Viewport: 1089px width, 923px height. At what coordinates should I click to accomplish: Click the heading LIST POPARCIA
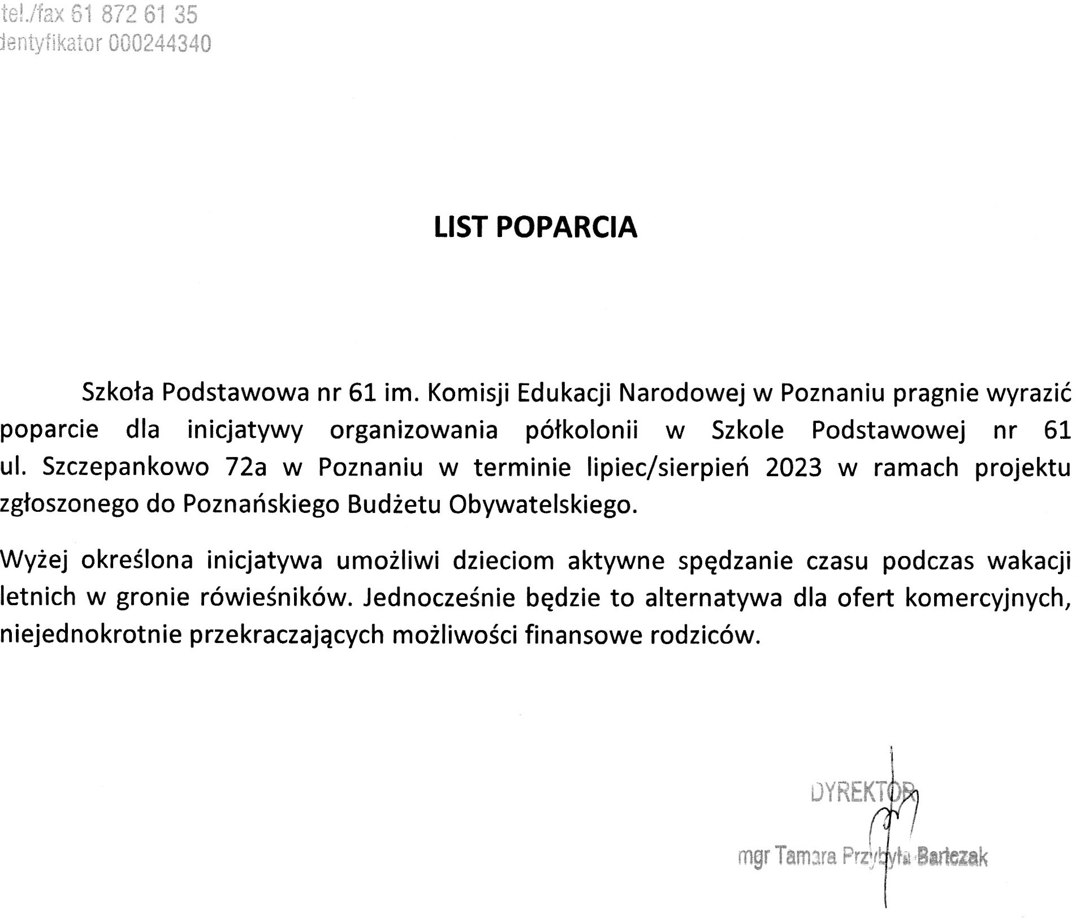535,227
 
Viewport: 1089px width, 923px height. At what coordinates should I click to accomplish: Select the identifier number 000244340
159,44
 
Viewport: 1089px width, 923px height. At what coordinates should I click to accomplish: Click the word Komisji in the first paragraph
469,393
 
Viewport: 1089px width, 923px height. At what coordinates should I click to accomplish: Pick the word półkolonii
582,430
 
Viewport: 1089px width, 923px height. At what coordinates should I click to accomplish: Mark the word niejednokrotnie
90,635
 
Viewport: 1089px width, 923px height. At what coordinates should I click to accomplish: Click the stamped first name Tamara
805,856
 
